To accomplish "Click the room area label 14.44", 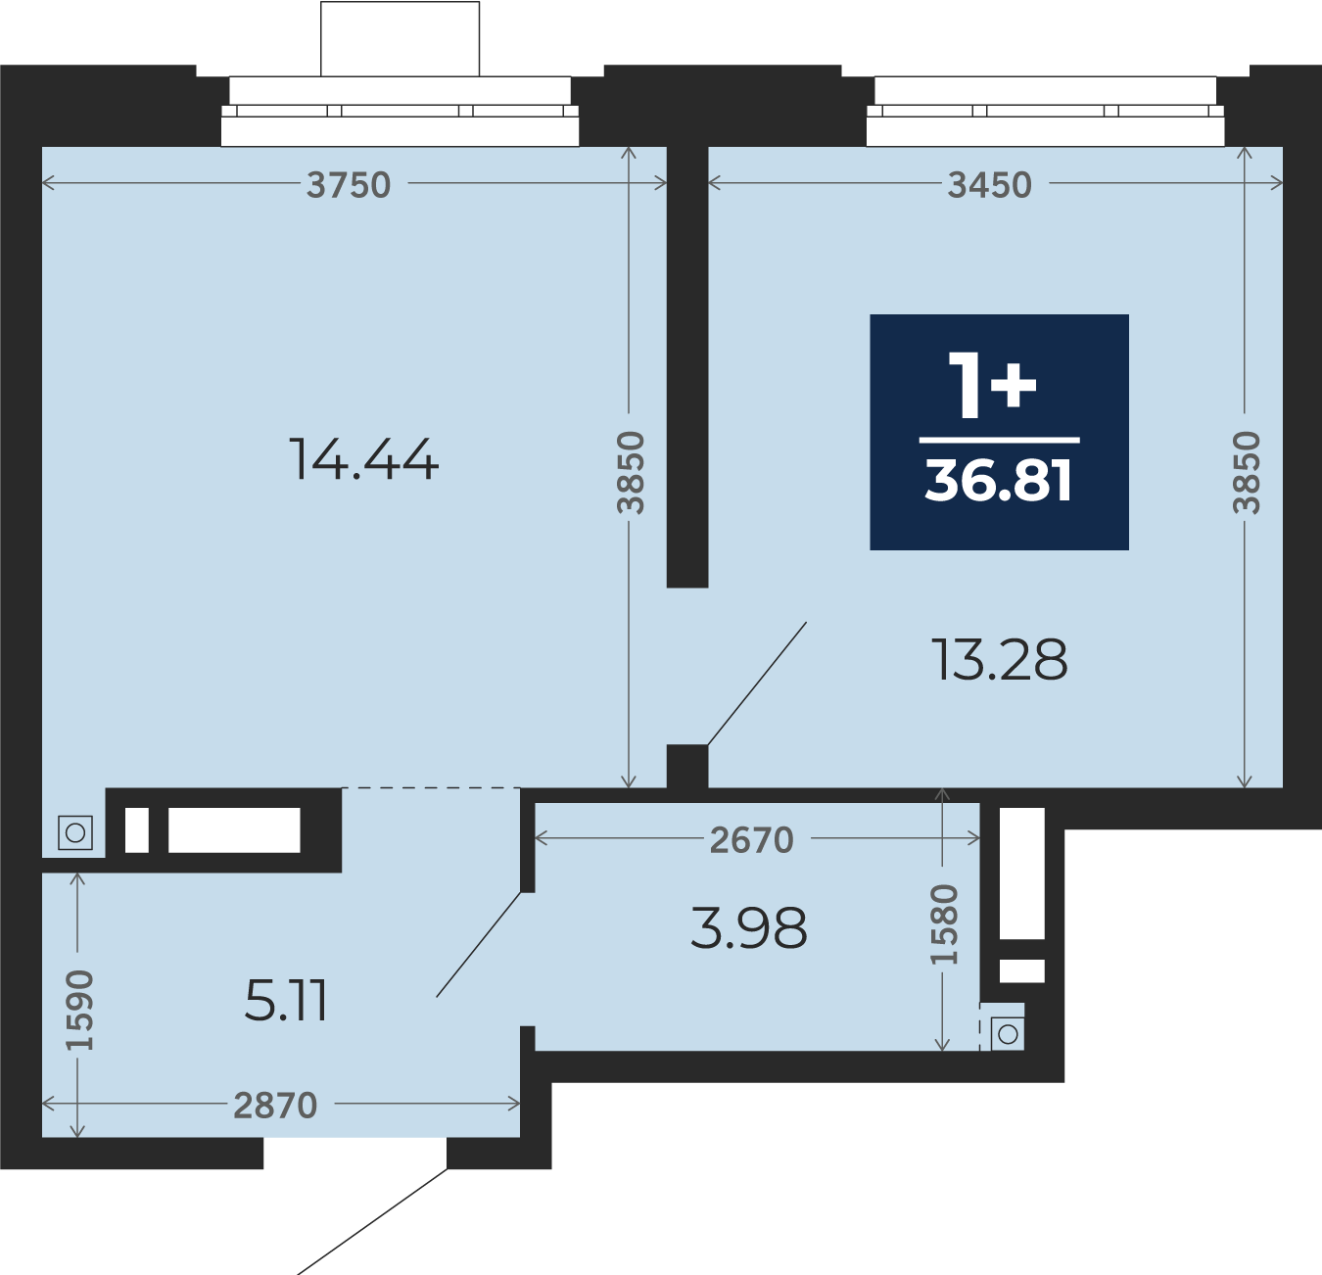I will pos(363,459).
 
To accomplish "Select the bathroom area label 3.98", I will pos(748,928).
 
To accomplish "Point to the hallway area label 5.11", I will pos(285,1001).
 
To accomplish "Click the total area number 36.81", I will pos(999,481).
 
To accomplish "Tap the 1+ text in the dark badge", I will pos(992,386).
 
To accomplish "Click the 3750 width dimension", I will pos(349,184).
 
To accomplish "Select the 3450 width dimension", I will pos(989,184).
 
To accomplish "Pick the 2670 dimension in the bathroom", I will pos(751,839).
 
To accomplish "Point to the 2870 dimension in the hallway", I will pos(275,1105).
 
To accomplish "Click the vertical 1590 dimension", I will pos(80,1010).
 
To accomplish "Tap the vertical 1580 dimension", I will pos(944,923).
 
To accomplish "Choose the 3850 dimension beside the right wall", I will pos(1246,472).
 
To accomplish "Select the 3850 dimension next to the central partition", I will pos(630,472).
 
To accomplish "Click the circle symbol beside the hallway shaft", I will pos(75,833).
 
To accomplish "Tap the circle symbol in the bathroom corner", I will pos(1008,1034).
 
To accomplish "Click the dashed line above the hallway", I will pos(431,787).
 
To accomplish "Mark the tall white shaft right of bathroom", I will pos(1022,873).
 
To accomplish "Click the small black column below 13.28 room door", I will pos(686,766).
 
